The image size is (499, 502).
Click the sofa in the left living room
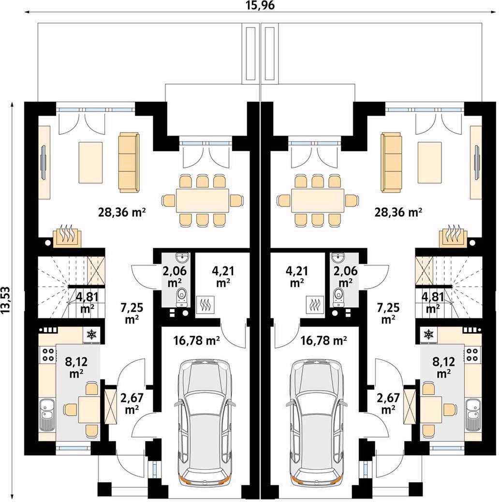129,162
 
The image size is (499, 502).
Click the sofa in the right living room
391,162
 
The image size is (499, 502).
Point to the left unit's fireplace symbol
67,236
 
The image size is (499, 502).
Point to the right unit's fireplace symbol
453,236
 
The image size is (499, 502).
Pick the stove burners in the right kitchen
473,354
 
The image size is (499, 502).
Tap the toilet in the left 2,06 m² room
182,296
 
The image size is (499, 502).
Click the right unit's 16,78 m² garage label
324,340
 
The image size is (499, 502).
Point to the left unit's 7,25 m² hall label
132,313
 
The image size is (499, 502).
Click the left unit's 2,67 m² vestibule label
132,403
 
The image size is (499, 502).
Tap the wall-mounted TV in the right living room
477,162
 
